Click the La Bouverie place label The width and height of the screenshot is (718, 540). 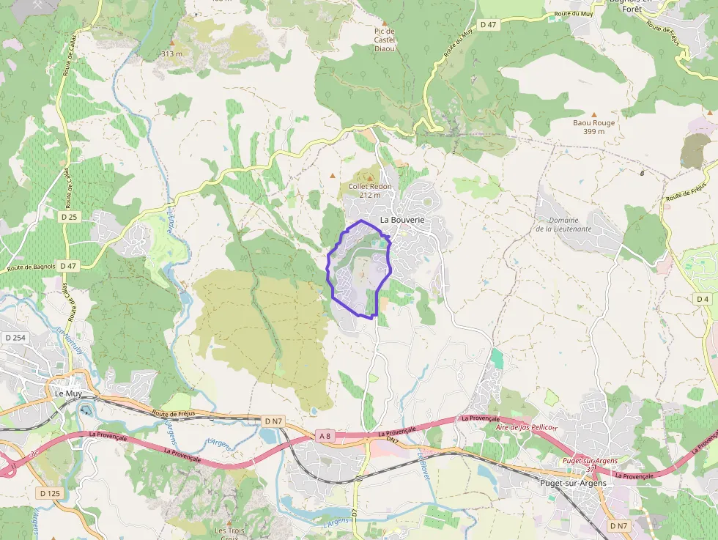pos(402,220)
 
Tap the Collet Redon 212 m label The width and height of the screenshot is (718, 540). pos(369,191)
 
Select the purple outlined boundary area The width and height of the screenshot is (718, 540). pos(359,271)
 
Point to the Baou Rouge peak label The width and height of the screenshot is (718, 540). pos(593,127)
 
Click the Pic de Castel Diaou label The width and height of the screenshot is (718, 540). pos(385,40)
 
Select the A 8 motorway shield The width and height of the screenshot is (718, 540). pos(325,436)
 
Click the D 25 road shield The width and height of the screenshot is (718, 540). pos(70,217)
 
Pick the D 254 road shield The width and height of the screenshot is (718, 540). pos(15,338)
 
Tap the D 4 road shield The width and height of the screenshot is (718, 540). pos(703,299)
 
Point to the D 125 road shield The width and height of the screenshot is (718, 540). pos(51,493)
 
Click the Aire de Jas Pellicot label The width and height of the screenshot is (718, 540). pos(527,427)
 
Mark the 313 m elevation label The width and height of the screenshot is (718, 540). pos(171,53)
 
